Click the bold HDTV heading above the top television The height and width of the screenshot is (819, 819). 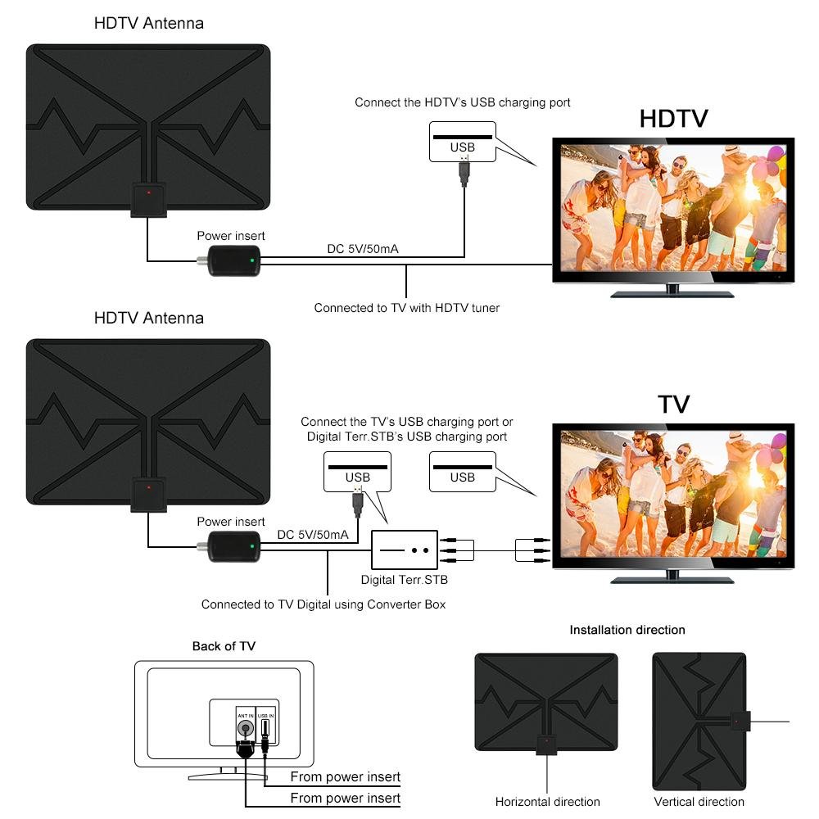click(673, 119)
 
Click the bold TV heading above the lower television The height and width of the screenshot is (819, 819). click(673, 404)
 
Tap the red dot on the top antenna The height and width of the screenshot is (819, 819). click(148, 193)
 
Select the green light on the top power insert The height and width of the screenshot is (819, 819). click(252, 263)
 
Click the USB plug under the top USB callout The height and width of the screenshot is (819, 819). click(464, 173)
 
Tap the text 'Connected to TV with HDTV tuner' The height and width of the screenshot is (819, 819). click(406, 308)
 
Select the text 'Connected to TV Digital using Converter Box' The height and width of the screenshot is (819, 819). click(324, 604)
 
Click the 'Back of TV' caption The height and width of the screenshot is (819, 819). click(224, 646)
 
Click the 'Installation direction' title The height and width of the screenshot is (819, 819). click(627, 630)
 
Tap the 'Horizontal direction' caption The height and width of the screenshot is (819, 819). click(547, 802)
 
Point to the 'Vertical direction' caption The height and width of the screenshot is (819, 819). click(699, 802)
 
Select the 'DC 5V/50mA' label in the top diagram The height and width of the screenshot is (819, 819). click(362, 249)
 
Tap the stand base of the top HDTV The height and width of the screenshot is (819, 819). click(672, 292)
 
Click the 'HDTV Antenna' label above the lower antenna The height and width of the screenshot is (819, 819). click(148, 318)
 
